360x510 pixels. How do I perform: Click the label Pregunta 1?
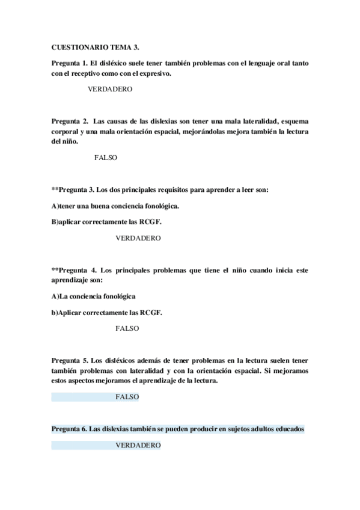[x=70, y=63]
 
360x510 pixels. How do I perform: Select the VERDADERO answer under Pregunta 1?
[x=110, y=88]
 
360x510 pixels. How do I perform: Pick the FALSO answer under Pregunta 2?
[x=106, y=157]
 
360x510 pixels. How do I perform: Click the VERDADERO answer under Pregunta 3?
[x=138, y=238]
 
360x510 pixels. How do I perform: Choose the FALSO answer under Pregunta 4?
[x=127, y=328]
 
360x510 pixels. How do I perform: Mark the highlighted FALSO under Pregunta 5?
[x=127, y=397]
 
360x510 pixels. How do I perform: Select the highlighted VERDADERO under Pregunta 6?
[x=138, y=445]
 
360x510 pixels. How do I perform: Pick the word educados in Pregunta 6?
[x=288, y=429]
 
